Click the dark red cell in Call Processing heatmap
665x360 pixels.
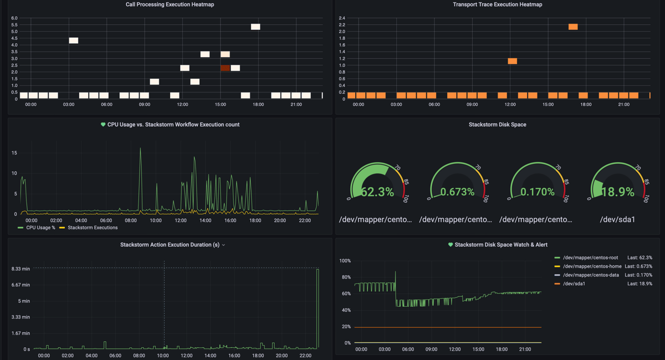click(225, 68)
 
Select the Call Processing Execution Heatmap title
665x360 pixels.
click(170, 4)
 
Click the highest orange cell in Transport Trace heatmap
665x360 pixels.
click(573, 27)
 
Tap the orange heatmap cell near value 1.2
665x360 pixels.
click(513, 61)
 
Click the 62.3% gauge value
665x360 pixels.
click(377, 192)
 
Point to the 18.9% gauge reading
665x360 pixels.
click(618, 192)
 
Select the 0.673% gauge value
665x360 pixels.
click(457, 192)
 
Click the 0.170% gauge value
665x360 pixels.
click(537, 192)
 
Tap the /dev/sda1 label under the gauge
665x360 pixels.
click(617, 220)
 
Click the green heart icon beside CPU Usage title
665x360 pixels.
click(103, 125)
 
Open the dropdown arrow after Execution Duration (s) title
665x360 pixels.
click(223, 245)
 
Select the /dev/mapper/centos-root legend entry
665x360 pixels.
click(590, 258)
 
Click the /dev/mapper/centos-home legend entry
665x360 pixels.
click(591, 266)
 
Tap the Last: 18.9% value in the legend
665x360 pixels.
click(640, 284)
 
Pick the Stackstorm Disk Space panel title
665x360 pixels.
click(497, 125)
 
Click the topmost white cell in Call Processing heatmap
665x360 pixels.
click(255, 27)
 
